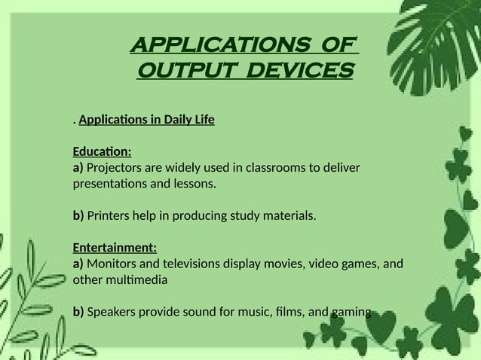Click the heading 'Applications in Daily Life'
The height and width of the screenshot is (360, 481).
146,119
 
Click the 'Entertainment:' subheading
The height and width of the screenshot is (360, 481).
115,248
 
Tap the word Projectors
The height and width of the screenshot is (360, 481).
116,167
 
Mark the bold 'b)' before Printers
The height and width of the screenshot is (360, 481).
78,216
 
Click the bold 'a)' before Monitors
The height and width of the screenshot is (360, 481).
78,264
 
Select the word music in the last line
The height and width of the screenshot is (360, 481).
249,312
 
